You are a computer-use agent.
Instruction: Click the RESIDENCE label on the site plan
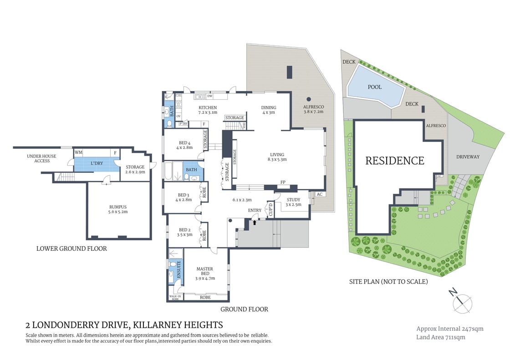(395, 161)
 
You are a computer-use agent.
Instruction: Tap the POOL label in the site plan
(375, 87)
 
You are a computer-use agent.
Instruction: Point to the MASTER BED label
(204, 271)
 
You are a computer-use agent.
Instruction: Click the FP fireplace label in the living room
(282, 182)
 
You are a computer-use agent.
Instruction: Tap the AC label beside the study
(319, 194)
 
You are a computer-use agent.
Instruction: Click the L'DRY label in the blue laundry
(96, 163)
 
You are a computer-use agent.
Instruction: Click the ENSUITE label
(179, 269)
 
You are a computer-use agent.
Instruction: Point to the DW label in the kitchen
(210, 96)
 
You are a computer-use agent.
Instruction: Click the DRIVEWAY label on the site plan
(468, 157)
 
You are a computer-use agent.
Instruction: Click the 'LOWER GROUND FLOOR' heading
(71, 248)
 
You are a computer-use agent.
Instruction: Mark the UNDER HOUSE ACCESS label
(41, 158)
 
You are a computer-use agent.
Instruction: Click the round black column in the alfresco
(309, 99)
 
